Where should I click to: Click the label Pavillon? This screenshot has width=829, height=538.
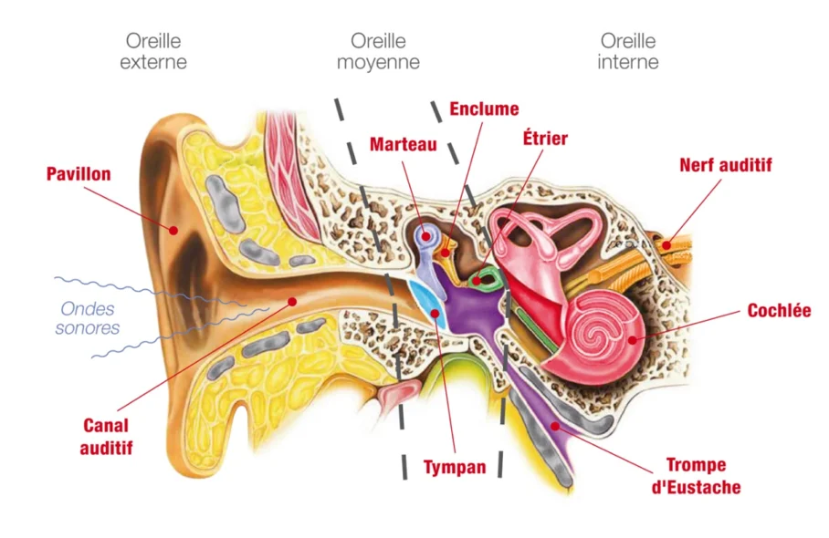[x=79, y=173]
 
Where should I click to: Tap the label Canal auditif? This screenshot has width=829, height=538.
[x=107, y=436]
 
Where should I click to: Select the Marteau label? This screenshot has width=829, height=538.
[x=403, y=144]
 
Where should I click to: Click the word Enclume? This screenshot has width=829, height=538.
[x=484, y=109]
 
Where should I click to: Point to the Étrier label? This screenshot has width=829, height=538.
[x=544, y=139]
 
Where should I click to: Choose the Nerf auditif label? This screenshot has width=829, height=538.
[x=726, y=165]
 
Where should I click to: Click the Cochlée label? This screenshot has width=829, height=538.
[x=779, y=310]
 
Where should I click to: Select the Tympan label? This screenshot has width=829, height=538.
[x=454, y=468]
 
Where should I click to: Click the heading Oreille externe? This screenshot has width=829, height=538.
[x=153, y=51]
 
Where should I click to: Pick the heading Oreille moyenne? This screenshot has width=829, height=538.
[x=378, y=51]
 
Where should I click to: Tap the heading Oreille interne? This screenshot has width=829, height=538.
[x=628, y=51]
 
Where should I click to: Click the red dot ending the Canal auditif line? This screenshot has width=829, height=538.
[x=291, y=300]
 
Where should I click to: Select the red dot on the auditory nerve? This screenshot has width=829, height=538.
[x=668, y=243]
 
